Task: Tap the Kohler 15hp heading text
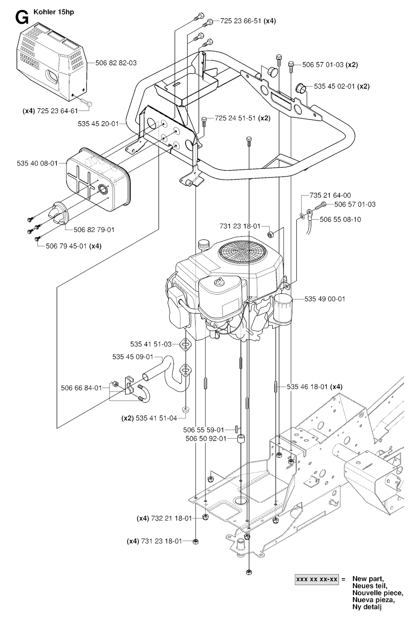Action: (x=51, y=12)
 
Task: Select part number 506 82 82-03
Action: (x=116, y=63)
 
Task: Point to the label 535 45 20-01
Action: (x=98, y=124)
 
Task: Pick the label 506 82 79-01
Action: (x=94, y=229)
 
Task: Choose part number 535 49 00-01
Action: (x=325, y=299)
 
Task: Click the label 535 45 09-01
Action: (x=133, y=357)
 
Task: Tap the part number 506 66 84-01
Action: (x=81, y=388)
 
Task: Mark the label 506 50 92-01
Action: (x=205, y=438)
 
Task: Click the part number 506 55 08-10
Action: (x=340, y=219)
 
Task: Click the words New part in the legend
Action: (x=368, y=579)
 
